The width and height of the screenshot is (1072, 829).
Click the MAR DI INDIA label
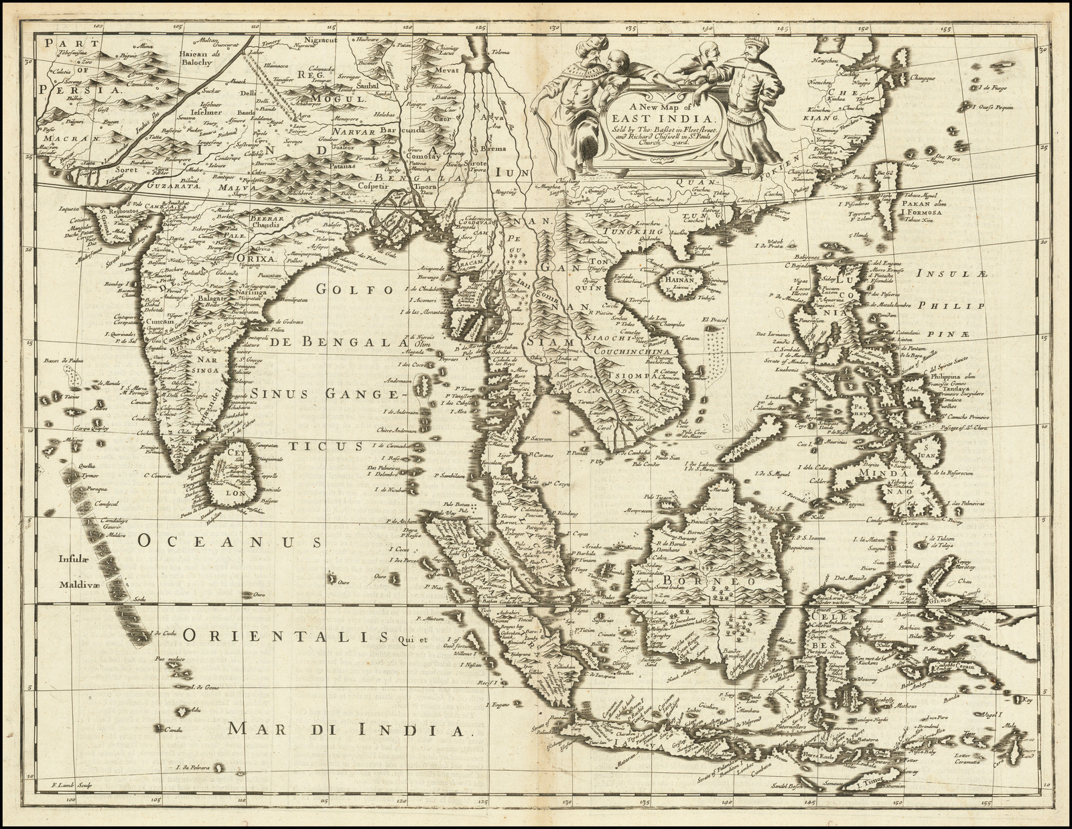[x=345, y=728]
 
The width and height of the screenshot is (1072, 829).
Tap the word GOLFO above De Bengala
[x=347, y=290]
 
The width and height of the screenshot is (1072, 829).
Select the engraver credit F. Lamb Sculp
[x=71, y=804]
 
